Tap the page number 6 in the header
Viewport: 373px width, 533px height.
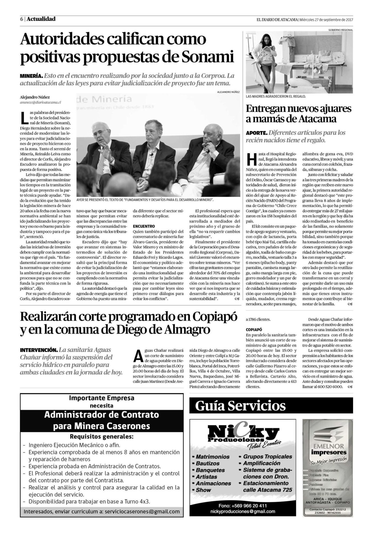[21, 19]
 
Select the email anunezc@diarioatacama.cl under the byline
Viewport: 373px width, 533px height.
[41, 102]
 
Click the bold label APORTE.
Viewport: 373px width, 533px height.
[256, 132]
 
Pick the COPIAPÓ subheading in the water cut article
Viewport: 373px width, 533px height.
[253, 329]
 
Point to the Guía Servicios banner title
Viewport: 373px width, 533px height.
[240, 406]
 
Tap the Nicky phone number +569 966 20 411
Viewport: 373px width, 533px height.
[242, 506]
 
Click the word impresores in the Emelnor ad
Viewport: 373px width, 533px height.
[328, 452]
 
